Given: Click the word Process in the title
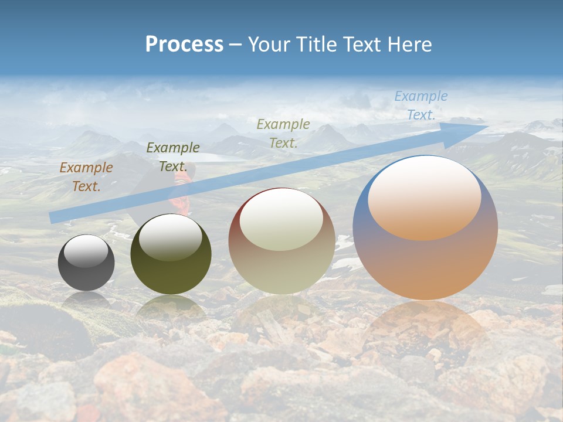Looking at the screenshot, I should (184, 45).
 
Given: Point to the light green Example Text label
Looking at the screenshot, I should (283, 133).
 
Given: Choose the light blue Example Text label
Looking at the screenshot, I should (420, 105).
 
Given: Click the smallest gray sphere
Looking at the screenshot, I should (86, 263).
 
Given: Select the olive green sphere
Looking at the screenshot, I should (171, 254).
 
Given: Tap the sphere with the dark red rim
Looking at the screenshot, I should (281, 241).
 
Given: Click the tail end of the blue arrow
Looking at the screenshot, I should (52, 218).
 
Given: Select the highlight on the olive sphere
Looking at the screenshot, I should (170, 237).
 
